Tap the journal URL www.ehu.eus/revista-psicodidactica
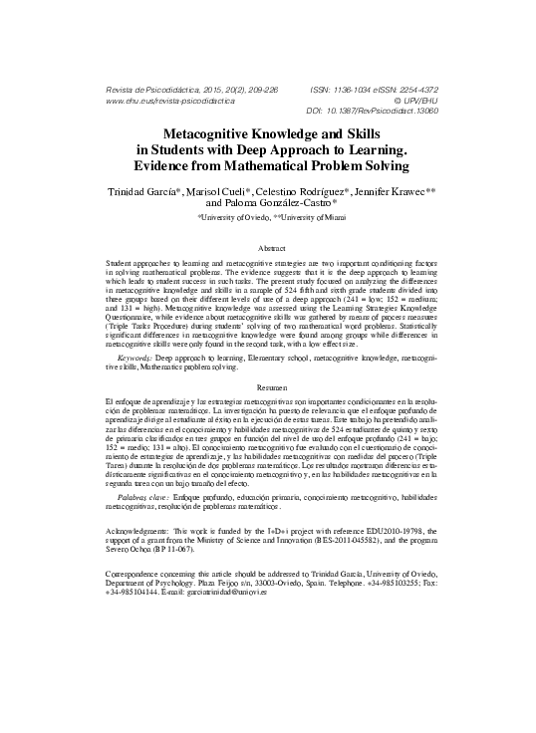coord(169,101)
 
